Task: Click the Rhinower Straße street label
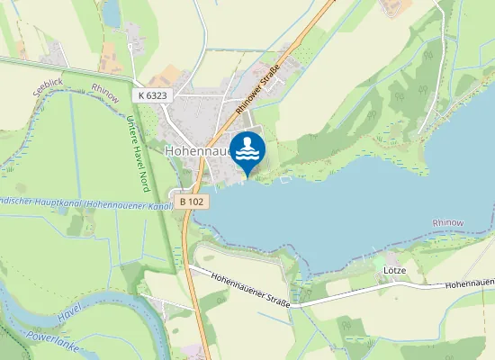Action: click(x=259, y=88)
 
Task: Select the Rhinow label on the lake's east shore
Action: click(x=447, y=221)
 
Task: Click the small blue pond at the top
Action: click(x=112, y=13)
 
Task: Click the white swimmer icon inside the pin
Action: click(x=247, y=148)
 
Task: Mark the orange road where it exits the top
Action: click(x=326, y=4)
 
